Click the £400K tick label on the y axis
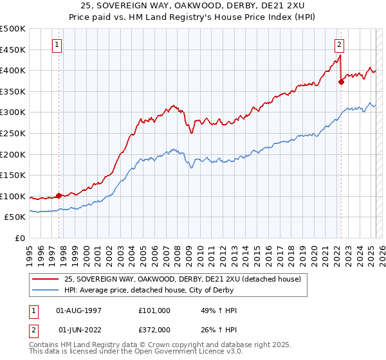13,70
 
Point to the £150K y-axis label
13,175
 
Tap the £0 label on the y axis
19,238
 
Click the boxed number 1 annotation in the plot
58,45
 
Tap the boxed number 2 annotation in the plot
339,45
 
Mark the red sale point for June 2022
341,82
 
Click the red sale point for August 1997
59,195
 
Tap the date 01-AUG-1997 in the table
79,310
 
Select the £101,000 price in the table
154,310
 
